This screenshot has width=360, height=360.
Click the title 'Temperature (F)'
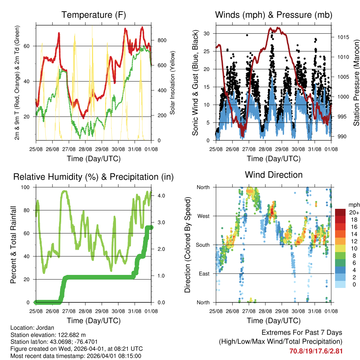coord(94,15)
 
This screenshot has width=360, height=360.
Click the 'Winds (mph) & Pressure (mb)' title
coord(274,15)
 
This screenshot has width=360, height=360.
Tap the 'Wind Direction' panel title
coord(274,174)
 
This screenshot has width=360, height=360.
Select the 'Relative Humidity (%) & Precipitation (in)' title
coord(94,177)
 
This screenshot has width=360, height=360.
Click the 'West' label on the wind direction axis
coord(203,216)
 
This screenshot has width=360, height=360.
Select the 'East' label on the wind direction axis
coord(203,274)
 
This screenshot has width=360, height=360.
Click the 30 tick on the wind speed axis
coord(207,33)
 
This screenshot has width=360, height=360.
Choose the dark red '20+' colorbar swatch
coord(340,212)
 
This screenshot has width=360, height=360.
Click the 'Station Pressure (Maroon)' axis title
coord(356,78)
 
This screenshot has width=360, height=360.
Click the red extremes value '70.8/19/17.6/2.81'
coord(316,351)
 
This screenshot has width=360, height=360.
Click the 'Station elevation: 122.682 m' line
coord(48,335)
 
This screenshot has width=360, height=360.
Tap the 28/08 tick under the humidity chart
coord(85,311)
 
